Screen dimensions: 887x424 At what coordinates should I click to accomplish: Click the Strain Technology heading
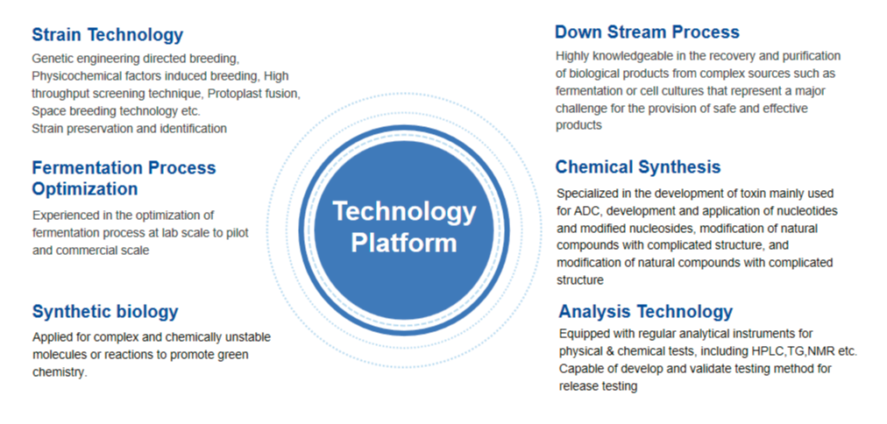(108, 35)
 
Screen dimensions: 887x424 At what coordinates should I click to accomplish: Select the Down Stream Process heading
(647, 32)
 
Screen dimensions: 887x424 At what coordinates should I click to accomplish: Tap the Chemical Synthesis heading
(638, 166)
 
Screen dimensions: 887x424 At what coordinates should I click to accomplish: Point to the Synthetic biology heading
(105, 312)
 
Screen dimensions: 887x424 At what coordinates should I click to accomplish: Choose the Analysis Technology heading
(645, 312)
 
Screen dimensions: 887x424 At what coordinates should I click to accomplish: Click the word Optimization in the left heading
(85, 188)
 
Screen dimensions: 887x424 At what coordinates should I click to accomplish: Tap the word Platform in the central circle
(404, 242)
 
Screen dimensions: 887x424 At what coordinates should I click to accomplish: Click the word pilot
(237, 232)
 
